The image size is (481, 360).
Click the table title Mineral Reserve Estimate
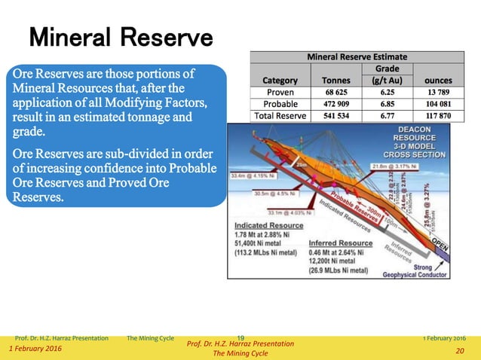click(x=357, y=56)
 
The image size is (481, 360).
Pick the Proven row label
click(x=280, y=92)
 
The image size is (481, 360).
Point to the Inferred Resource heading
click(x=340, y=243)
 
